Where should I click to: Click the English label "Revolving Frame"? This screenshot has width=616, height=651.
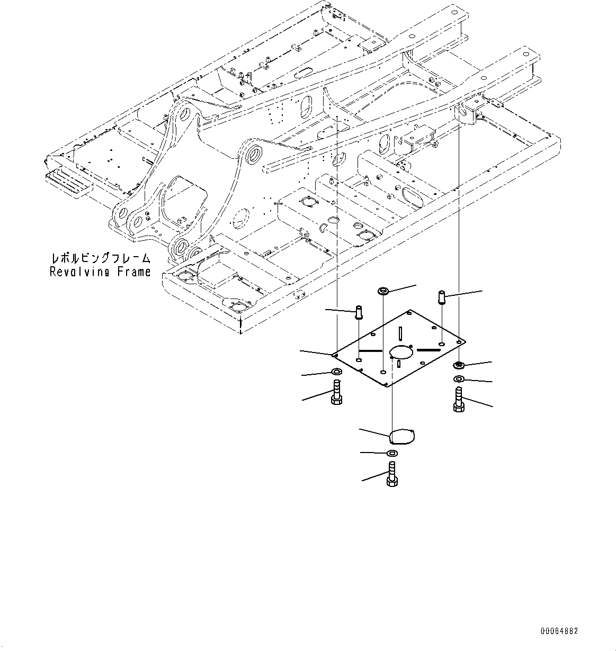(x=100, y=272)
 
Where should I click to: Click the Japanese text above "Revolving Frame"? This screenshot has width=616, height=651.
(x=100, y=259)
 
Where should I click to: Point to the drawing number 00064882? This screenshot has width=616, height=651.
(x=559, y=631)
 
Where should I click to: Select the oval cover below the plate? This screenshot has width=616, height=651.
(x=402, y=437)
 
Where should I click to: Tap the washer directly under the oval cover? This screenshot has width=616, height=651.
(x=392, y=453)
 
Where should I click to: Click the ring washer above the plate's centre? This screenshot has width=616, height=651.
(x=383, y=291)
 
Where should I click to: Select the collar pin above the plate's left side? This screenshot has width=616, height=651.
(x=359, y=313)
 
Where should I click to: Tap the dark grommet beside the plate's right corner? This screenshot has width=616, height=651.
(x=459, y=365)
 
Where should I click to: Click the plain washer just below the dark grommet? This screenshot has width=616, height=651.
(x=459, y=379)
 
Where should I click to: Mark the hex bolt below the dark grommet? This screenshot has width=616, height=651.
(x=459, y=399)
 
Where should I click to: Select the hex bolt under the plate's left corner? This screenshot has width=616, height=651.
(x=336, y=392)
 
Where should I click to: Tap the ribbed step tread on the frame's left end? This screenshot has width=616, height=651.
(x=68, y=180)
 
